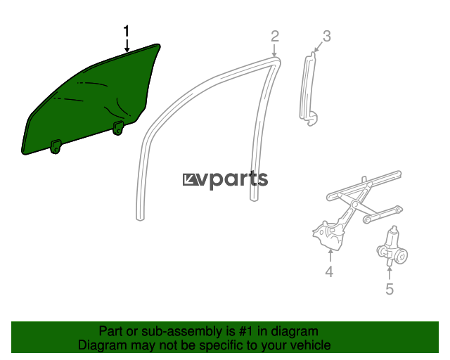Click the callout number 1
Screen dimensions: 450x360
click(x=127, y=32)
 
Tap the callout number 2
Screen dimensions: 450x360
click(x=275, y=36)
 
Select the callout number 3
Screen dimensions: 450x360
click(x=326, y=36)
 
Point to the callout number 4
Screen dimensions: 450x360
click(x=329, y=271)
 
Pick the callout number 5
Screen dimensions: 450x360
click(x=390, y=288)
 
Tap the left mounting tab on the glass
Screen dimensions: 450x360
click(x=56, y=146)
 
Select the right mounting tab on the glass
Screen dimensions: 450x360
click(x=118, y=128)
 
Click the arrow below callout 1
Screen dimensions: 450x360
click(x=127, y=46)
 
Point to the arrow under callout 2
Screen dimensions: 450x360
click(x=275, y=50)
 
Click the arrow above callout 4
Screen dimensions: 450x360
click(x=330, y=255)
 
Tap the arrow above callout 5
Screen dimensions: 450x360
click(x=390, y=273)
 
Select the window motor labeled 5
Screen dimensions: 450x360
click(x=392, y=246)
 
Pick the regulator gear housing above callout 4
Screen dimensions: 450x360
click(x=328, y=236)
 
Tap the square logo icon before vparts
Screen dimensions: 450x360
click(x=190, y=180)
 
